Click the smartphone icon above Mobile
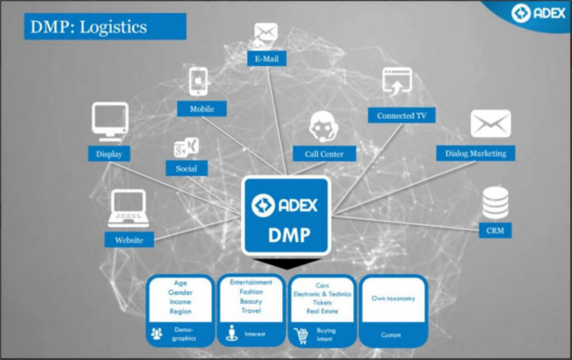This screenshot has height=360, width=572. click(x=199, y=81)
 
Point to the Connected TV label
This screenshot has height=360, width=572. click(x=401, y=115)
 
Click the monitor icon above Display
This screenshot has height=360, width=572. click(x=111, y=121)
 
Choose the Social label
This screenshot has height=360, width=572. click(x=187, y=167)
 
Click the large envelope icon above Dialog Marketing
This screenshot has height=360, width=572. click(x=490, y=124)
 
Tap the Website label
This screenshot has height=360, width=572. click(x=129, y=239)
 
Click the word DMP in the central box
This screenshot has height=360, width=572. click(x=286, y=235)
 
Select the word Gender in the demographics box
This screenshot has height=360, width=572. click(x=181, y=292)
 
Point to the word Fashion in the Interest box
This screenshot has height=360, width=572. click(x=252, y=291)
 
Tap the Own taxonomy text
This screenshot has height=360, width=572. click(x=392, y=298)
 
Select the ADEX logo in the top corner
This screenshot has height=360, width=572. click(x=536, y=13)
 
